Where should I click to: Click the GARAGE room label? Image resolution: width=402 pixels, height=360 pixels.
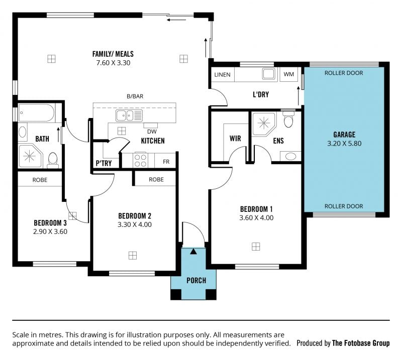(344, 135)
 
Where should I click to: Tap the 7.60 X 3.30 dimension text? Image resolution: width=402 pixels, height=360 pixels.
(113, 63)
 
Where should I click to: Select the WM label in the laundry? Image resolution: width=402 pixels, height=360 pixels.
(288, 74)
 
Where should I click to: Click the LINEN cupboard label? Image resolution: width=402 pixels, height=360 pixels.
(222, 75)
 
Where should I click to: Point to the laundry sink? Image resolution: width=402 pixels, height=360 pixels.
(269, 74)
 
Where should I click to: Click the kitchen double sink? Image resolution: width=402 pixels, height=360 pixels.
(129, 115)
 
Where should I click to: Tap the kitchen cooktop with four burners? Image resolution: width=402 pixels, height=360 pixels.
(140, 160)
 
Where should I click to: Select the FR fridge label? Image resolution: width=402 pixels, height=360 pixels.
(166, 162)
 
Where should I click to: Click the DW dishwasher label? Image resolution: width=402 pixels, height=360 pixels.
(152, 132)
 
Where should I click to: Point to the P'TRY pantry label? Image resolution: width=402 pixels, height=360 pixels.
(104, 163)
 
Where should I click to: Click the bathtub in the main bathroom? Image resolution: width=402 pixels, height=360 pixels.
(36, 113)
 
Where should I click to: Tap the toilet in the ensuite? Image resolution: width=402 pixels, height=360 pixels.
(288, 119)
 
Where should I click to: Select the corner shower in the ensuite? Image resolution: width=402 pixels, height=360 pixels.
(264, 124)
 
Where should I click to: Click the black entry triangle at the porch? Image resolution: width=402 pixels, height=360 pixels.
(193, 252)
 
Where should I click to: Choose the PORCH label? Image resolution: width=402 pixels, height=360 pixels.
(196, 281)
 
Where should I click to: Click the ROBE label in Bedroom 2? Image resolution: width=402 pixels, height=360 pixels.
(156, 180)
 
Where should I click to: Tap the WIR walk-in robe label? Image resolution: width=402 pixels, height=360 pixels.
(235, 139)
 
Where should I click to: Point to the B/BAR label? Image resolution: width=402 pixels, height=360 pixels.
(135, 96)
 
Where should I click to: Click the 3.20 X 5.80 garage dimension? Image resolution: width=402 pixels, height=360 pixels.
(344, 144)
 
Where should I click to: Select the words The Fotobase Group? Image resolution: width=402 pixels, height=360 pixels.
(361, 343)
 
